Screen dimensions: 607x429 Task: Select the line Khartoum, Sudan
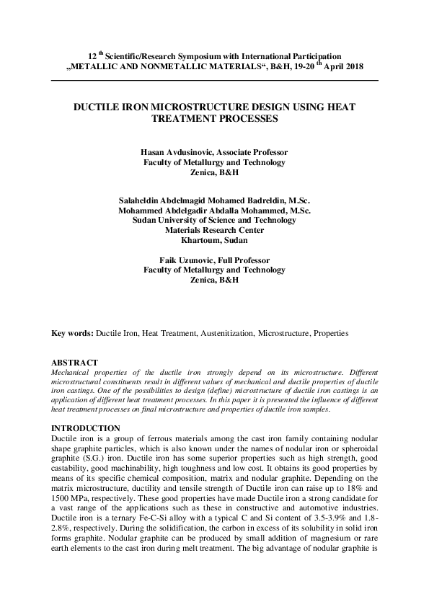coord(214,240)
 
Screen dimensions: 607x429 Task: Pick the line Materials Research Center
coord(214,230)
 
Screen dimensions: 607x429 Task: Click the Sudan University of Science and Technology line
coord(214,220)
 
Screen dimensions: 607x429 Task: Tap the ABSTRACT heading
coord(75,362)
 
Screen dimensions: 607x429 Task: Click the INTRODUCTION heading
coord(86,428)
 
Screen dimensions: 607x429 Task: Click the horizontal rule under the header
coord(214,80)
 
